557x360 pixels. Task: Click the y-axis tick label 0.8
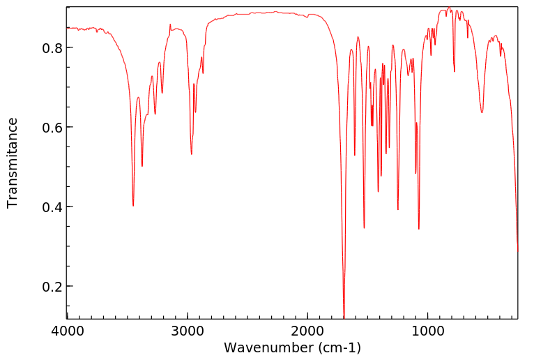click(52, 48)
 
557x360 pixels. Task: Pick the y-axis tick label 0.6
click(52, 128)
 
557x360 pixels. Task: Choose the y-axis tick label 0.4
click(52, 207)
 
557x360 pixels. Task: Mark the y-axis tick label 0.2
click(52, 287)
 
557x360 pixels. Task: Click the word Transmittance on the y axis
click(13, 163)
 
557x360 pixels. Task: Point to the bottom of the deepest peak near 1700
click(344, 317)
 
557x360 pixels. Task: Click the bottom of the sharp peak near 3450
click(133, 206)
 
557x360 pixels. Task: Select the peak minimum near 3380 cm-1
click(142, 166)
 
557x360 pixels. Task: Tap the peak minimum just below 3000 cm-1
click(192, 154)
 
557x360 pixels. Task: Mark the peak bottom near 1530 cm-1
click(364, 227)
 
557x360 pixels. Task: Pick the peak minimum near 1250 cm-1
click(398, 209)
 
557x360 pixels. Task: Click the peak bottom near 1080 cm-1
click(419, 229)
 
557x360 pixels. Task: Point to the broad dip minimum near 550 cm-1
click(482, 112)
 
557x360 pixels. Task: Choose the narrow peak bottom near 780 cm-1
click(455, 71)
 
